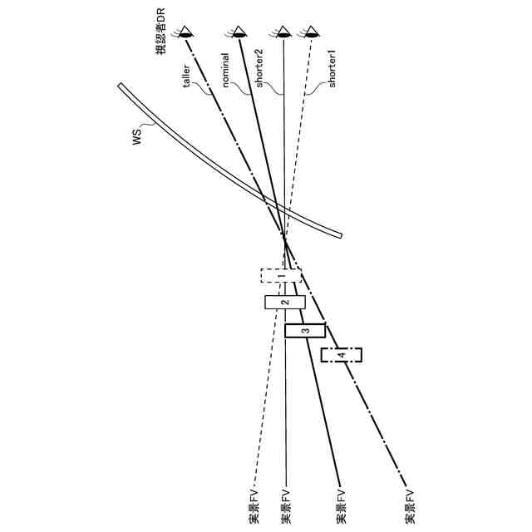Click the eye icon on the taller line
(188, 33)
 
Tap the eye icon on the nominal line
(239, 33)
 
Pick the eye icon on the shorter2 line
(284, 33)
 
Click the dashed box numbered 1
(281, 276)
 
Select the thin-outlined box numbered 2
(284, 303)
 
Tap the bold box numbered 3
(305, 330)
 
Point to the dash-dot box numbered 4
(342, 355)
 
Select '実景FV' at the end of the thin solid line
(285, 505)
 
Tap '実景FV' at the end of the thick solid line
(341, 505)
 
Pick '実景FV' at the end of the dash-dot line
(410, 505)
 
